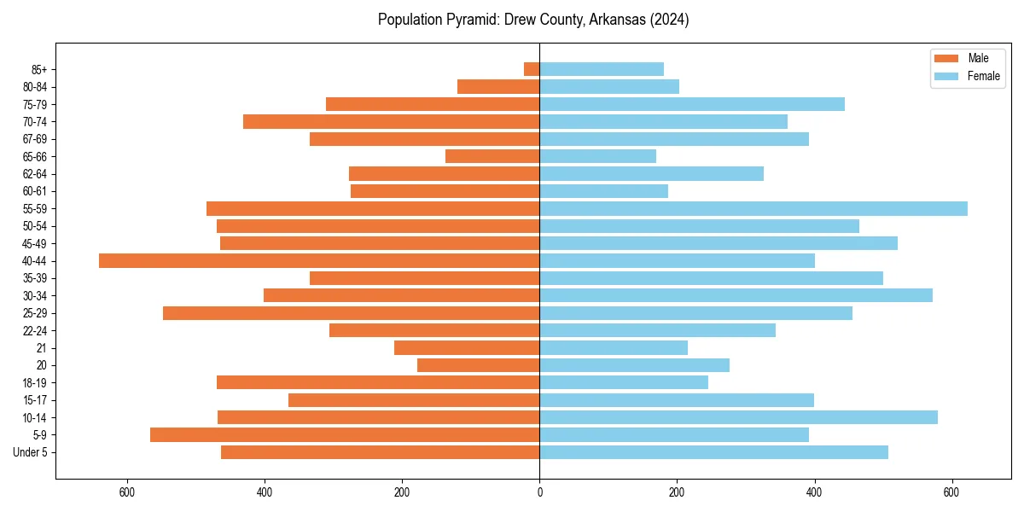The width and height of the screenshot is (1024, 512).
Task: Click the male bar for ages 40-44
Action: [x=319, y=261]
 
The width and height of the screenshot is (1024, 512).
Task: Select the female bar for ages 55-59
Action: [x=753, y=209]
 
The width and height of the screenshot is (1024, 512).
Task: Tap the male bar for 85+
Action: [x=532, y=69]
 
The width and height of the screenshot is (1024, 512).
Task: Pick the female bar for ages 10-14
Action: [x=738, y=417]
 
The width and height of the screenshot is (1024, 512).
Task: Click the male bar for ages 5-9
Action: [x=345, y=435]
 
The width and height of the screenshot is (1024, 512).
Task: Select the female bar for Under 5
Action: [x=713, y=452]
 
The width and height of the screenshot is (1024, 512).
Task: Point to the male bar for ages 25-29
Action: [x=351, y=313]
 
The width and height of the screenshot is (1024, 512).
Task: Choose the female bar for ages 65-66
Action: [x=597, y=156]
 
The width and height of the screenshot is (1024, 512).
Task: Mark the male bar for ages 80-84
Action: [x=498, y=87]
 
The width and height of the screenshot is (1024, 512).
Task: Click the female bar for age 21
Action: [x=614, y=348]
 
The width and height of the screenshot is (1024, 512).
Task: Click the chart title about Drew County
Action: [x=533, y=20]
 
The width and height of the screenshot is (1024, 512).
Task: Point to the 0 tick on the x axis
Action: [x=539, y=492]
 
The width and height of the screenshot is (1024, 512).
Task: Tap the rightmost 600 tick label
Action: [x=951, y=492]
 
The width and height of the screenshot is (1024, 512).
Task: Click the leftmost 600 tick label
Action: [x=127, y=492]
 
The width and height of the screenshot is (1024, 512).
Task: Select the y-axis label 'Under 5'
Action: [x=31, y=452]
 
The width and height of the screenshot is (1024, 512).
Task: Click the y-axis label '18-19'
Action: [x=35, y=383]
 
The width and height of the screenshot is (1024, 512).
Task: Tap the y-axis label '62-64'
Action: [x=35, y=174]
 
